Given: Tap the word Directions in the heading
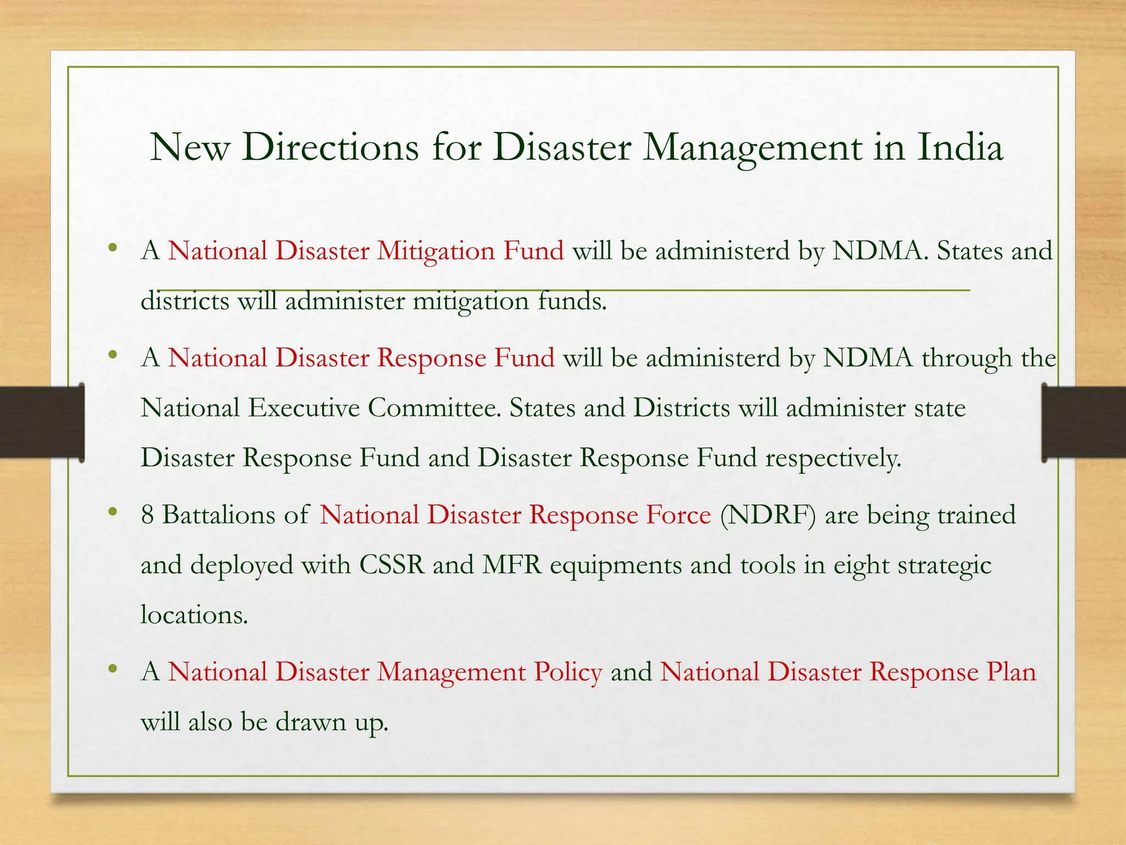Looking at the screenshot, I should pos(330,147).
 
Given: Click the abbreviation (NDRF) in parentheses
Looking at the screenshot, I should pos(768,515).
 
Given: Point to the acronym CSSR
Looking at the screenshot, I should pos(392,565).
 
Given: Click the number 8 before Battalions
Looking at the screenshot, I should pos(147,515).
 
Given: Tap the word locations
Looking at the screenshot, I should pos(194,614).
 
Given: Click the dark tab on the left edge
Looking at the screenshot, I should pos(42,422).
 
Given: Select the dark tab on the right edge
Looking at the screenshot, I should pos(1084,422).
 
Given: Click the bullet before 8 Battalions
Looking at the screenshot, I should pos(113,512).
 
